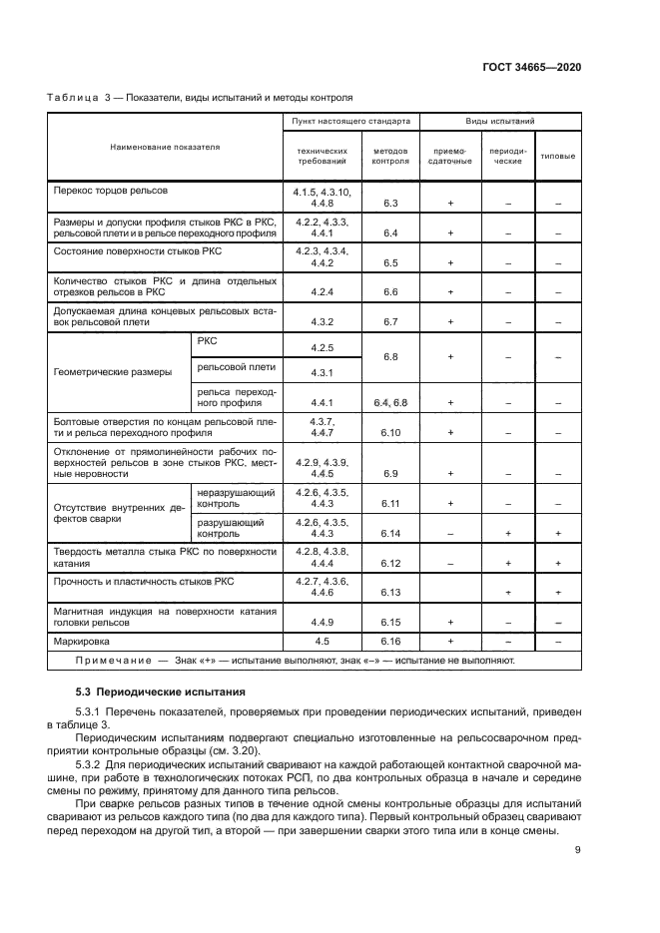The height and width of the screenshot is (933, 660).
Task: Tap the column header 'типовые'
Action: (557, 155)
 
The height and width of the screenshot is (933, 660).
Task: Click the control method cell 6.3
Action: (390, 203)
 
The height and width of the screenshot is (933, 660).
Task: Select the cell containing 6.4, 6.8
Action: (390, 402)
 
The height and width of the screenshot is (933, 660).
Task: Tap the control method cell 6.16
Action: (390, 641)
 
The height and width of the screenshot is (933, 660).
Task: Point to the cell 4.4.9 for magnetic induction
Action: (322, 621)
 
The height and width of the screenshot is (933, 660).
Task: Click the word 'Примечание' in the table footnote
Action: (110, 661)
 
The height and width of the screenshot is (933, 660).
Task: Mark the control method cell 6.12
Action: (390, 563)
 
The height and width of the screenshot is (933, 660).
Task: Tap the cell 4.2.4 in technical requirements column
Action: (322, 291)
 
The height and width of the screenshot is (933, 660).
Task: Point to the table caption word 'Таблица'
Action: (72, 97)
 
